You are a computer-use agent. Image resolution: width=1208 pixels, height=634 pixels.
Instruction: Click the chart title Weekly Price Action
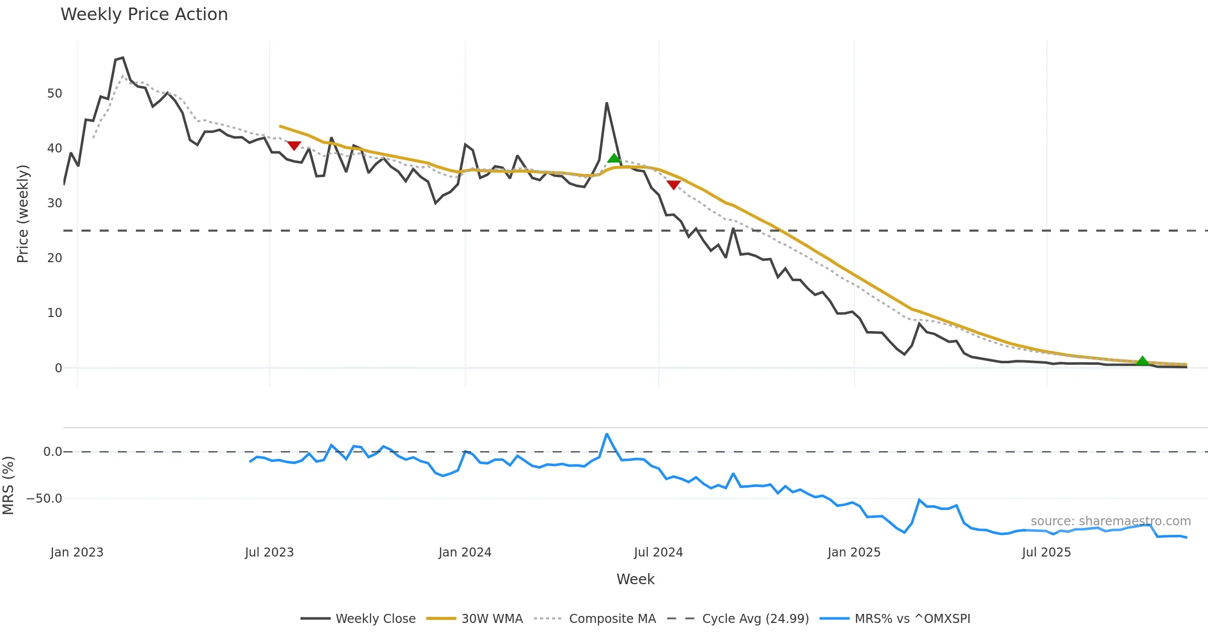tap(144, 15)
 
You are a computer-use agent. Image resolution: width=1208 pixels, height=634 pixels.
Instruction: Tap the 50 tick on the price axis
tap(54, 94)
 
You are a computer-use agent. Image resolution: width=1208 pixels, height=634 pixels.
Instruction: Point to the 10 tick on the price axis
tap(54, 313)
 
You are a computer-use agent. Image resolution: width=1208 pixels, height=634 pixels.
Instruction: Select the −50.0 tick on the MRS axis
tap(44, 499)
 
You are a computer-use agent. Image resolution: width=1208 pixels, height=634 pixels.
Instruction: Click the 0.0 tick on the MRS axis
tap(52, 452)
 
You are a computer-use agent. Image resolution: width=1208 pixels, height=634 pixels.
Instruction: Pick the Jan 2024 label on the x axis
tap(465, 552)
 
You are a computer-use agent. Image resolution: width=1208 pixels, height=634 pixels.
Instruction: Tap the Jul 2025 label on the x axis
tap(1046, 552)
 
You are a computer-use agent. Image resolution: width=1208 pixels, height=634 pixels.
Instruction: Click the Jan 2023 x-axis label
tap(77, 552)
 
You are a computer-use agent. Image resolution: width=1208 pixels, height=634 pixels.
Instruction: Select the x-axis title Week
tap(635, 580)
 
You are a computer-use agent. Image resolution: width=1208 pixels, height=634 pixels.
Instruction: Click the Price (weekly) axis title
tap(23, 214)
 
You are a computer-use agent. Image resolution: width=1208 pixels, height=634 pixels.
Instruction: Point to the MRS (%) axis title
tap(8, 486)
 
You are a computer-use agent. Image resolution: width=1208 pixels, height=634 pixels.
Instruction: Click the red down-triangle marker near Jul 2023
tap(294, 145)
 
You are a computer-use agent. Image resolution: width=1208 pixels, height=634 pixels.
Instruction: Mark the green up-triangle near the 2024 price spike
tap(614, 158)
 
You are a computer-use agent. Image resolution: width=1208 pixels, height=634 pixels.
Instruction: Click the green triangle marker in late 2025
tap(1143, 361)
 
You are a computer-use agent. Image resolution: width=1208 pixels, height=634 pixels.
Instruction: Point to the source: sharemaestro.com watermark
tap(1110, 521)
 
